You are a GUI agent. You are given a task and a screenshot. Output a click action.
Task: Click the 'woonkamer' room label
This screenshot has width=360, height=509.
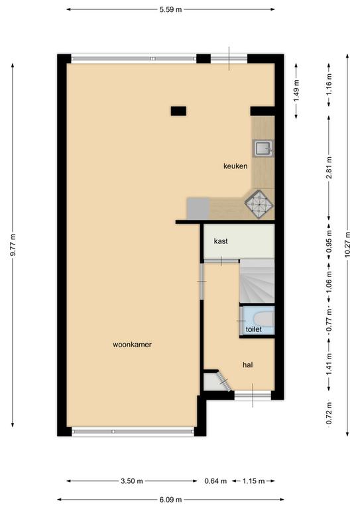(x=132, y=345)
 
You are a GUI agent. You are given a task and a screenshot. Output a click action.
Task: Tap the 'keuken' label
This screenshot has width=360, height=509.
(x=235, y=166)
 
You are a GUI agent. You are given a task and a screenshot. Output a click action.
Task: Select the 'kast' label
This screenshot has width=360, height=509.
(x=221, y=241)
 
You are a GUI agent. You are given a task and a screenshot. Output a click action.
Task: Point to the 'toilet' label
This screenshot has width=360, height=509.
(x=253, y=329)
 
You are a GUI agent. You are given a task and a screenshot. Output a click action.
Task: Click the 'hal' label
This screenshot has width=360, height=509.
(x=248, y=365)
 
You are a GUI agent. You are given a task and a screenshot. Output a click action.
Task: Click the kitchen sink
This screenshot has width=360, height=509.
(x=263, y=148)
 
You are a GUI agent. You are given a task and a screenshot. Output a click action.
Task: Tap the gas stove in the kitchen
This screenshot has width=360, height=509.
(x=259, y=205)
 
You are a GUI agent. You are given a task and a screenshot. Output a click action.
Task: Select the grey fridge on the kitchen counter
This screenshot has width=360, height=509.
(x=198, y=208)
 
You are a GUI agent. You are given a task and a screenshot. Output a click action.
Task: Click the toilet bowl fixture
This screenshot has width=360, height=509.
(x=263, y=319)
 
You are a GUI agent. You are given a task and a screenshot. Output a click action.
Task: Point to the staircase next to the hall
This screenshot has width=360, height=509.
(x=257, y=281)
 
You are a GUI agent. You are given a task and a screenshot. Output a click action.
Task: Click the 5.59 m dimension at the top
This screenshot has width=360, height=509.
(x=170, y=9)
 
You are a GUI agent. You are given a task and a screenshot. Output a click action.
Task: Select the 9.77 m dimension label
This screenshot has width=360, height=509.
(x=13, y=245)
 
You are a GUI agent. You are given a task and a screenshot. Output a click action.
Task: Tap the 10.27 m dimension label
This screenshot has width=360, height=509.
(x=347, y=244)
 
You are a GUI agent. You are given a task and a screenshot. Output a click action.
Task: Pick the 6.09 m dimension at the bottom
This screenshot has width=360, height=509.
(x=170, y=500)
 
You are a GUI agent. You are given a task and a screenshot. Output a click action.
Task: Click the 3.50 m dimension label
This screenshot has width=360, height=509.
(x=132, y=481)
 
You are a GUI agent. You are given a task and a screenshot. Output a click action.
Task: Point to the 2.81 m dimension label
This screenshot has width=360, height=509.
(x=329, y=168)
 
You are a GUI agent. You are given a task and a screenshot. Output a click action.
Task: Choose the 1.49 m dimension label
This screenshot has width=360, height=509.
(x=296, y=91)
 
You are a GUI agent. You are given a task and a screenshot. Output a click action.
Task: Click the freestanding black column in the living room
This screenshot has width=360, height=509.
(x=178, y=111)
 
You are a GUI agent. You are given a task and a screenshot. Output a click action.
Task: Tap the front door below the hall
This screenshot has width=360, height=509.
(x=253, y=395)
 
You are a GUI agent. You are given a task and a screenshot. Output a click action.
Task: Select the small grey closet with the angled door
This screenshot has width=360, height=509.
(x=213, y=382)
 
